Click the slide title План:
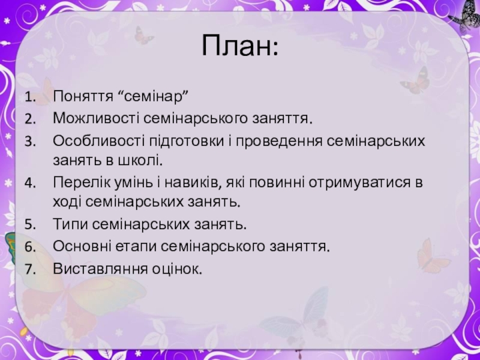(240, 46)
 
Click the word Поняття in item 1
(83, 97)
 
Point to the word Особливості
(99, 141)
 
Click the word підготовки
(187, 142)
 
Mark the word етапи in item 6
(136, 247)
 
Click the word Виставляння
(100, 269)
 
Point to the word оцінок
(177, 269)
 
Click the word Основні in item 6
(82, 247)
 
